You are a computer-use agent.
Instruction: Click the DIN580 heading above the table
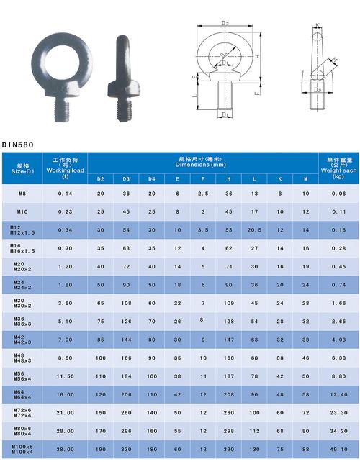pyautogui.click(x=18, y=144)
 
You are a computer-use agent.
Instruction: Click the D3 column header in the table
pyautogui.click(x=126, y=178)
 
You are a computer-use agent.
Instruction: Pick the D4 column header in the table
pyautogui.click(x=151, y=178)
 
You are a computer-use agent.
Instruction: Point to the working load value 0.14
pyautogui.click(x=65, y=194)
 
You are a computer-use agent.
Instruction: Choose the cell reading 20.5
pyautogui.click(x=253, y=230)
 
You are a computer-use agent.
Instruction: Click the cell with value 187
pyautogui.click(x=228, y=376)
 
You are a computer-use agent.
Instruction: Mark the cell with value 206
pyautogui.click(x=126, y=394)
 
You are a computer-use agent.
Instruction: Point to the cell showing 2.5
pyautogui.click(x=203, y=194)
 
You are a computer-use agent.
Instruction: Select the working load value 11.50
pyautogui.click(x=65, y=376)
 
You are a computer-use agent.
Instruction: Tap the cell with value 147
pyautogui.click(x=228, y=339)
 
